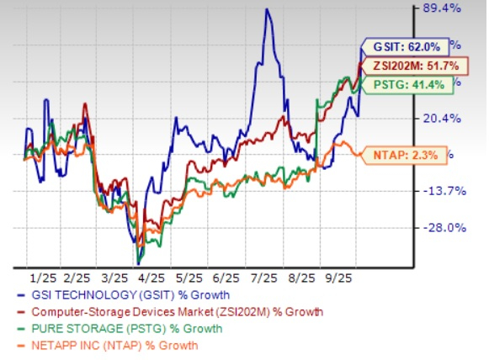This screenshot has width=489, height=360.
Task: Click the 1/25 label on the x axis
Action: pos(41,276)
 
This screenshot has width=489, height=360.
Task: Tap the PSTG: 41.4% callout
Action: pos(407,83)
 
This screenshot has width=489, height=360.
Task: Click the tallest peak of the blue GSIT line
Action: pos(267,10)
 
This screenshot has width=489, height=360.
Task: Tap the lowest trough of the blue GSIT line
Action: pos(138,262)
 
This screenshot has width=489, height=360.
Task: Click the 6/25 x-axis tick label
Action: pos(227,276)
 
